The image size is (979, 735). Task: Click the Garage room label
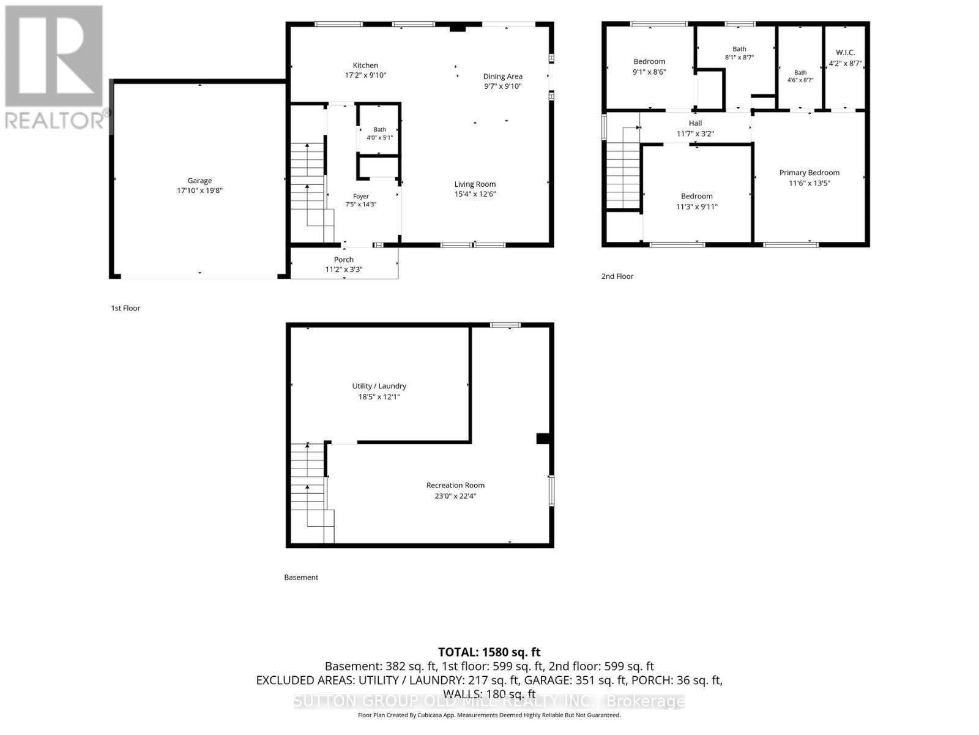tap(199, 181)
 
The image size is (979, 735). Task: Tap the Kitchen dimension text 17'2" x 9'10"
tap(365, 75)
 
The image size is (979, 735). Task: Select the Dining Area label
tap(503, 77)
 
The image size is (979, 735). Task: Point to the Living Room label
tap(475, 184)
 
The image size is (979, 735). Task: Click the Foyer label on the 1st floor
tap(361, 197)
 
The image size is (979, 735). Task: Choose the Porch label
tap(343, 260)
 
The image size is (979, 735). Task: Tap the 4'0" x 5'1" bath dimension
tap(379, 138)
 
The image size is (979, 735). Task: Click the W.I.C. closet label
tap(845, 53)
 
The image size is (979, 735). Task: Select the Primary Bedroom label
tap(809, 173)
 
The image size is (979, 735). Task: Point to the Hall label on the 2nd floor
tap(695, 123)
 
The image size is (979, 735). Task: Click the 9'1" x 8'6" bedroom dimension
tap(649, 72)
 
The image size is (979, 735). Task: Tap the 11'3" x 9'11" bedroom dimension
tap(697, 206)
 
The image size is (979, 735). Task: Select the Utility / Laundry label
tap(379, 386)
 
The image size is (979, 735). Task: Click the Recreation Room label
tap(455, 485)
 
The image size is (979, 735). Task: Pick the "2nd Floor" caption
tap(617, 276)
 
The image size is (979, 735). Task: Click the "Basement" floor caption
tap(301, 578)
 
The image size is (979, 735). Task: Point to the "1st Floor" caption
tap(125, 308)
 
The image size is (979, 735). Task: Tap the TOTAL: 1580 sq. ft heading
tap(489, 652)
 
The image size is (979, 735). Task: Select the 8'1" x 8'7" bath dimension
tap(739, 58)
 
